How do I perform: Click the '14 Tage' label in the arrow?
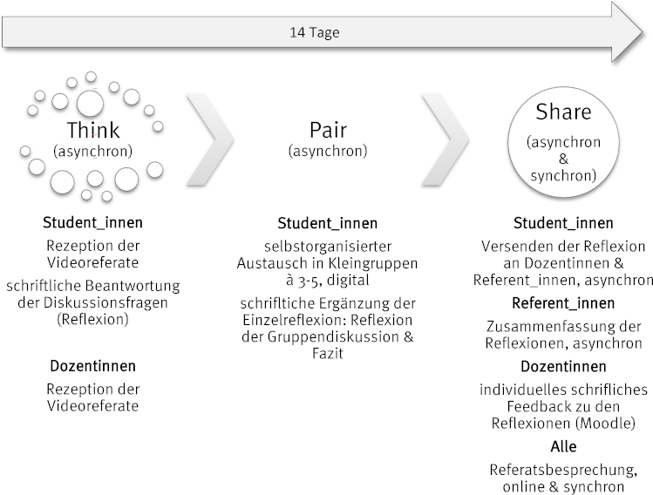pos(315,32)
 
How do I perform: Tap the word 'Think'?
pos(93,130)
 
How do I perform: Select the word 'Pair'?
pos(328,130)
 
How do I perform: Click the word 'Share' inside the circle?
pos(563,112)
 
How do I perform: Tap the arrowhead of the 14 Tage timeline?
pos(627,32)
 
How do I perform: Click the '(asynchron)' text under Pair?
pos(328,151)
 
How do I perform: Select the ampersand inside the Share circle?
pos(563,159)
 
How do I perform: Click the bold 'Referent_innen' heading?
pos(563,303)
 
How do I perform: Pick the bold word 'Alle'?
pos(563,446)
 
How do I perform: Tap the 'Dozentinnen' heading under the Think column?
pos(93,366)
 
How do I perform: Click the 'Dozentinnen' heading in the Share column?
pos(563,366)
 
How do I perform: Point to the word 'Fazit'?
pos(328,354)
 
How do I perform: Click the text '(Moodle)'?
pos(605,423)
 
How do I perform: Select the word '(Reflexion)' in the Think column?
pos(93,319)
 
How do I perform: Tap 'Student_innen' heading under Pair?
pos(328,223)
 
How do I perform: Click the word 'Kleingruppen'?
pos(373,263)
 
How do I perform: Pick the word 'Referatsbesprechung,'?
pos(563,470)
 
